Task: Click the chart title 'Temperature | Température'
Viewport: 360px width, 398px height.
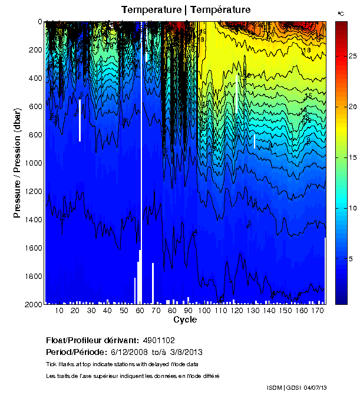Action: [x=186, y=9]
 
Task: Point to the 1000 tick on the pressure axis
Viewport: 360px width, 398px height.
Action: [x=34, y=163]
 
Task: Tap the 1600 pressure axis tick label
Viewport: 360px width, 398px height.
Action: [x=34, y=248]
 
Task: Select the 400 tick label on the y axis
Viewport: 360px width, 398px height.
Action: [x=36, y=78]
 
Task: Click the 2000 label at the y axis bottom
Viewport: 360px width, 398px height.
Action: [x=34, y=304]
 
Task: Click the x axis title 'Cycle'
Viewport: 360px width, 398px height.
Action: [x=185, y=320]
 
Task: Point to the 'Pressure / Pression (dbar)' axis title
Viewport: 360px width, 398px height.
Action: [x=17, y=163]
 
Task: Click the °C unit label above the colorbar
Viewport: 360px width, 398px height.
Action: [x=341, y=13]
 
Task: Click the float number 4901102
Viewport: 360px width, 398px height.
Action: [x=158, y=341]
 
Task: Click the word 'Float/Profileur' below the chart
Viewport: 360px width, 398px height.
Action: [x=72, y=341]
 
